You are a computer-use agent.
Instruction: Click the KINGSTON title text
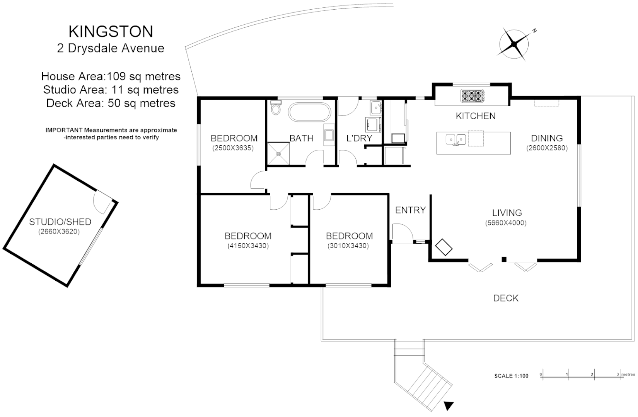tap(111, 32)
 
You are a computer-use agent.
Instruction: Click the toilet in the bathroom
tap(275, 108)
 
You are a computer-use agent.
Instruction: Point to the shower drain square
tap(278, 153)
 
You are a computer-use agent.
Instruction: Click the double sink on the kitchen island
tap(456, 139)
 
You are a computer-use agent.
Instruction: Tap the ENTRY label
tap(410, 210)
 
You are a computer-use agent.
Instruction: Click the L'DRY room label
tap(359, 138)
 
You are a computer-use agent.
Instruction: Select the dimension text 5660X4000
tap(507, 223)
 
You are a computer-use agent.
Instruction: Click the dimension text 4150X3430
tap(248, 246)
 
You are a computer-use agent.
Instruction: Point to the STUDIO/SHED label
tap(60, 222)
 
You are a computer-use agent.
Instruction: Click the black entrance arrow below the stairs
tap(449, 406)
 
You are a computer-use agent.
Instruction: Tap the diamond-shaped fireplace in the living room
tap(444, 247)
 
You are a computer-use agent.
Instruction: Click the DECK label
tap(506, 298)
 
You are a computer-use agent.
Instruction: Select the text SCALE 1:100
tap(511, 376)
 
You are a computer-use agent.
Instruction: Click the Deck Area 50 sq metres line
tap(111, 103)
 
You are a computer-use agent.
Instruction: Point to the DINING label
tap(547, 138)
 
